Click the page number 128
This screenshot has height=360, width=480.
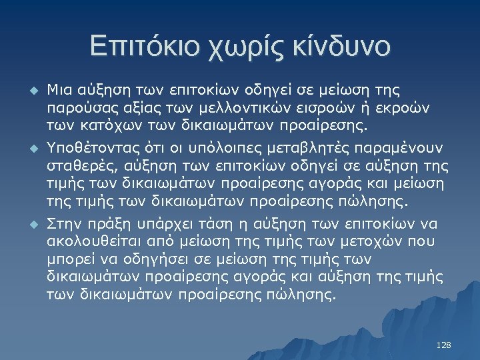coord(443,345)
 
